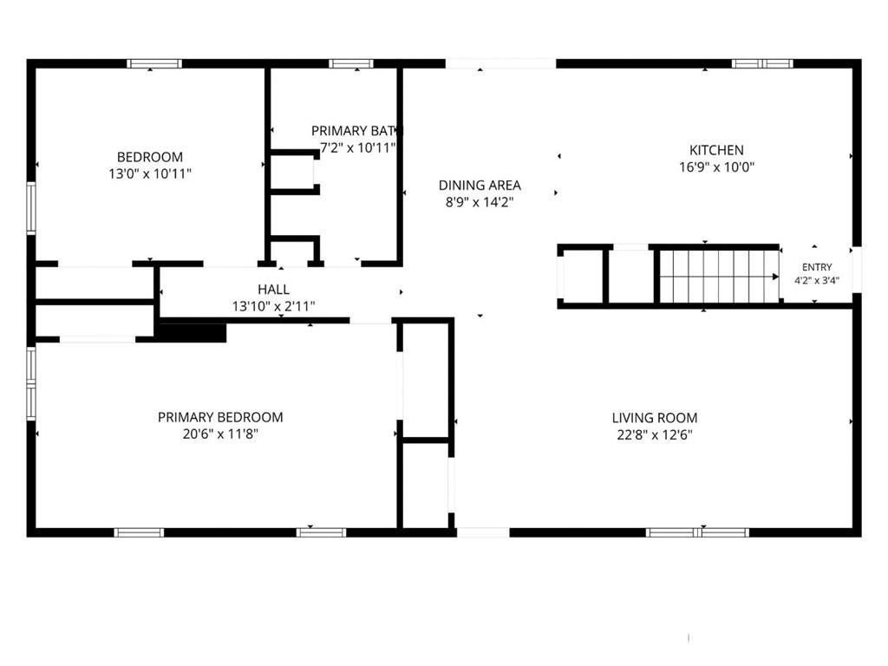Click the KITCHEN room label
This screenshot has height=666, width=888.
click(716, 150)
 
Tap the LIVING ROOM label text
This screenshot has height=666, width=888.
click(655, 418)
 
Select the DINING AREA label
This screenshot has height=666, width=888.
click(480, 186)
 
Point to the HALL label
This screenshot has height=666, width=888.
click(273, 290)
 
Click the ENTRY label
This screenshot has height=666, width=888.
click(817, 267)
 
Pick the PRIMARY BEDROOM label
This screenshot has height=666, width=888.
click(220, 417)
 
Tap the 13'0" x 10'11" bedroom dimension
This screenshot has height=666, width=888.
click(150, 173)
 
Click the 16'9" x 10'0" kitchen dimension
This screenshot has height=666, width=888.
click(716, 167)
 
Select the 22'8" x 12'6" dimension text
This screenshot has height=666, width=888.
click(655, 435)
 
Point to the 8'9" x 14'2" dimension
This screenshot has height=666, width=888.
click(480, 202)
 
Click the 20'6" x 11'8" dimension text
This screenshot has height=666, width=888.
click(220, 434)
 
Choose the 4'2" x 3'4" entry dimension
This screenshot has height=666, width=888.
click(817, 280)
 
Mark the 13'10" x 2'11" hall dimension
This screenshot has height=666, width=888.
click(273, 306)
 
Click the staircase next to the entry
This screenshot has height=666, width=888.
click(719, 277)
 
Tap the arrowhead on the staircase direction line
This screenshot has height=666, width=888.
click(776, 277)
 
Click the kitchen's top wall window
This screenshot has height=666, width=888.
click(762, 63)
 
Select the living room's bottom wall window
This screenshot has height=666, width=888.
click(698, 532)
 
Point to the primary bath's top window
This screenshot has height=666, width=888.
click(351, 63)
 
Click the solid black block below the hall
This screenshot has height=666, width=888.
click(193, 332)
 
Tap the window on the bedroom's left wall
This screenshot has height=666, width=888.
click(31, 208)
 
